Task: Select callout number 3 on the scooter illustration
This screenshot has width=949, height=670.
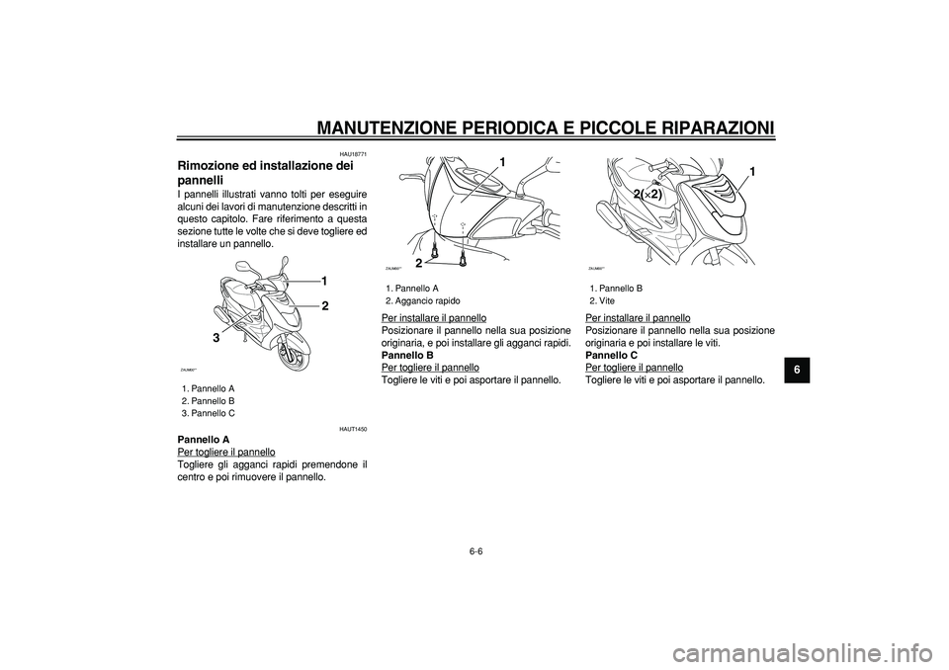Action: pyautogui.click(x=213, y=338)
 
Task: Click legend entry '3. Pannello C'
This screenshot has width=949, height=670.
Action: pyautogui.click(x=208, y=413)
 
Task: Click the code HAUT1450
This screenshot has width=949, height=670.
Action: pyautogui.click(x=353, y=429)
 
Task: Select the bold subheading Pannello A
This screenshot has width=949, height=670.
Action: pyautogui.click(x=203, y=439)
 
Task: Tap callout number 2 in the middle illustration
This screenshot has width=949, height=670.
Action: pyautogui.click(x=419, y=263)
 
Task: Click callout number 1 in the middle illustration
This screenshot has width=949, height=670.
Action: pyautogui.click(x=502, y=161)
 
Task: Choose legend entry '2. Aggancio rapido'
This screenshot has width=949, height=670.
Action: pyautogui.click(x=422, y=299)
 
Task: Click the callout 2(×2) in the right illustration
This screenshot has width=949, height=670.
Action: pyautogui.click(x=649, y=195)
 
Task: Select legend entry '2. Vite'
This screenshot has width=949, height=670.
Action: pyautogui.click(x=602, y=299)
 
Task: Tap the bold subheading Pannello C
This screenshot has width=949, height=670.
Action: pyautogui.click(x=612, y=354)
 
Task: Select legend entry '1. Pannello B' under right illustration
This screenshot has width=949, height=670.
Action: pyautogui.click(x=616, y=287)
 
